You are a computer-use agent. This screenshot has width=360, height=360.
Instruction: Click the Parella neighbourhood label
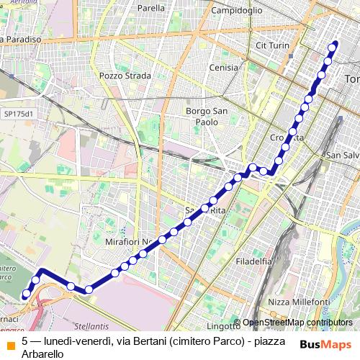151,8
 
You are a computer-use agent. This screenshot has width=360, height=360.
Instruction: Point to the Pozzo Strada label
125,75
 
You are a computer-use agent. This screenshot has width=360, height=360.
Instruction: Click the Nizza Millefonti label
298,301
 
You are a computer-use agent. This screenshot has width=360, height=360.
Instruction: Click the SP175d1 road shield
18,113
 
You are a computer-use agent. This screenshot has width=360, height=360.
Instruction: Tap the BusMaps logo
325,345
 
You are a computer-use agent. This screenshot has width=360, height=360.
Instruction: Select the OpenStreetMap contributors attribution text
297,323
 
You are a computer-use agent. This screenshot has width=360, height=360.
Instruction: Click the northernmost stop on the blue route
333,48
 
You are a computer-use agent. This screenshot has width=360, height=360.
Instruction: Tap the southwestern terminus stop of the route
27,294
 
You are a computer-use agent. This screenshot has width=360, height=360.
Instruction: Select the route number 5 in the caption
25,341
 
